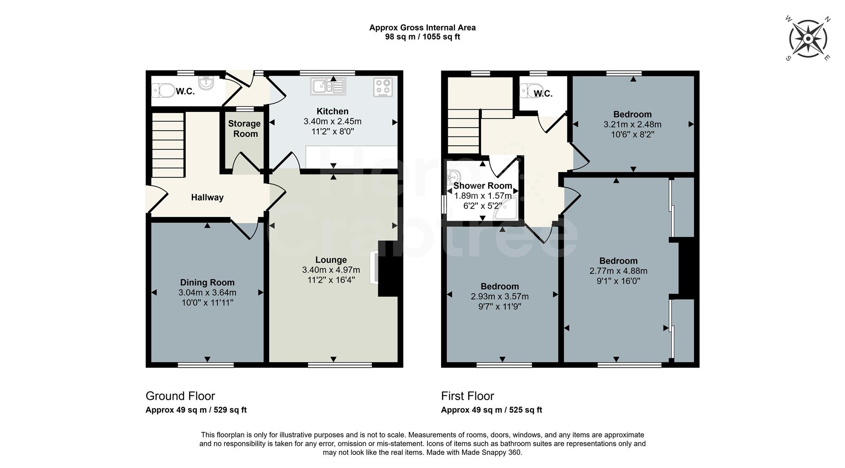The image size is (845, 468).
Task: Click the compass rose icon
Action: pos(808,39)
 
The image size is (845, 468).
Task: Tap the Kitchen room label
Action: pos(332,111)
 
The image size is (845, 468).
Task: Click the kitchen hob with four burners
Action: pos(383,87)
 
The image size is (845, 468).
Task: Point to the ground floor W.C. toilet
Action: pos(163,91)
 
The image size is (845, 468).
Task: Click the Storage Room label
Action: pos(244,129)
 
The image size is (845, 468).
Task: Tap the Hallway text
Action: pos(207,198)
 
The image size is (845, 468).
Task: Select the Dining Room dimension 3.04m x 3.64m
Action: pos(207,293)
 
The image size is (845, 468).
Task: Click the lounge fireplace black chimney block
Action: pos(388,269)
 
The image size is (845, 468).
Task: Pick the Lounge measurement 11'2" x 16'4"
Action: pos(331,280)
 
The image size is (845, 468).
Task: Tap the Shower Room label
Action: pos(483,186)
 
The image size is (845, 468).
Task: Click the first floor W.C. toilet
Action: pos(529,91)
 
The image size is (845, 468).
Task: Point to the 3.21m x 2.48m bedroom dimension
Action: pos(632,125)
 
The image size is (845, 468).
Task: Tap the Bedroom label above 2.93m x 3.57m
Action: pos(500,287)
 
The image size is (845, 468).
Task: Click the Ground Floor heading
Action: pos(180,396)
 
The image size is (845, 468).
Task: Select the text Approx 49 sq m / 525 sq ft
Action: pos(491,410)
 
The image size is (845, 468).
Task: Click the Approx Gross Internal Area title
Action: pos(422,27)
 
